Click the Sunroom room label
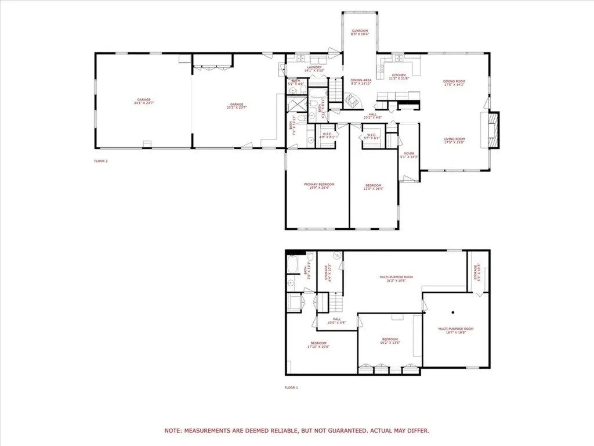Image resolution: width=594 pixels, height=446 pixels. [359, 33]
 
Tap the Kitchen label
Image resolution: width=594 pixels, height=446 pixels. [399, 77]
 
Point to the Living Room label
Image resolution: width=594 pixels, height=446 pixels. [454, 141]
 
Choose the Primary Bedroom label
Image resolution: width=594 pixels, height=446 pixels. [319, 186]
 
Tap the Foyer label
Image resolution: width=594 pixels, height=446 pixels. [409, 155]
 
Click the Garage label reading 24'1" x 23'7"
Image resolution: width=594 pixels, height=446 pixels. [143, 101]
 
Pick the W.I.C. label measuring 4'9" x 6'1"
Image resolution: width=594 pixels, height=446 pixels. [327, 136]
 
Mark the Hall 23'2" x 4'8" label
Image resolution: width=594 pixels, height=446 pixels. [372, 116]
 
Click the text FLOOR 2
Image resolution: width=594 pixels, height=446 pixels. [101, 161]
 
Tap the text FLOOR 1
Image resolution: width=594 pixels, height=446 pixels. [291, 387]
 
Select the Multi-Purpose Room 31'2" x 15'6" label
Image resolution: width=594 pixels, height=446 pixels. [396, 279]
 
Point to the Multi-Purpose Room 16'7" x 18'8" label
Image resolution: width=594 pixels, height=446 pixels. [455, 330]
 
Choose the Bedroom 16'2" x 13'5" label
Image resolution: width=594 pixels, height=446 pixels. [390, 340]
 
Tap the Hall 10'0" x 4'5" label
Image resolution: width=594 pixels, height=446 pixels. [337, 320]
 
